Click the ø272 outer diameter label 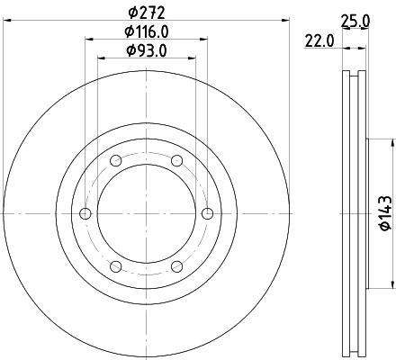pos(147,13)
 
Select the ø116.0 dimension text pos(147,31)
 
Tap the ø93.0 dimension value pos(147,50)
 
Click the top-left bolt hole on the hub pos(116,161)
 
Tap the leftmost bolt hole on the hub pos(85,213)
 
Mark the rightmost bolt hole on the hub pos(208,213)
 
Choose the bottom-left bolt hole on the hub pos(116,266)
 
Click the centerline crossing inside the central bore pos(147,213)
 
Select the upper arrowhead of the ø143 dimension pos(392,143)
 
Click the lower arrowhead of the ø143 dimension pos(392,284)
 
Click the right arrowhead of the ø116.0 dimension pos(205,38)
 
